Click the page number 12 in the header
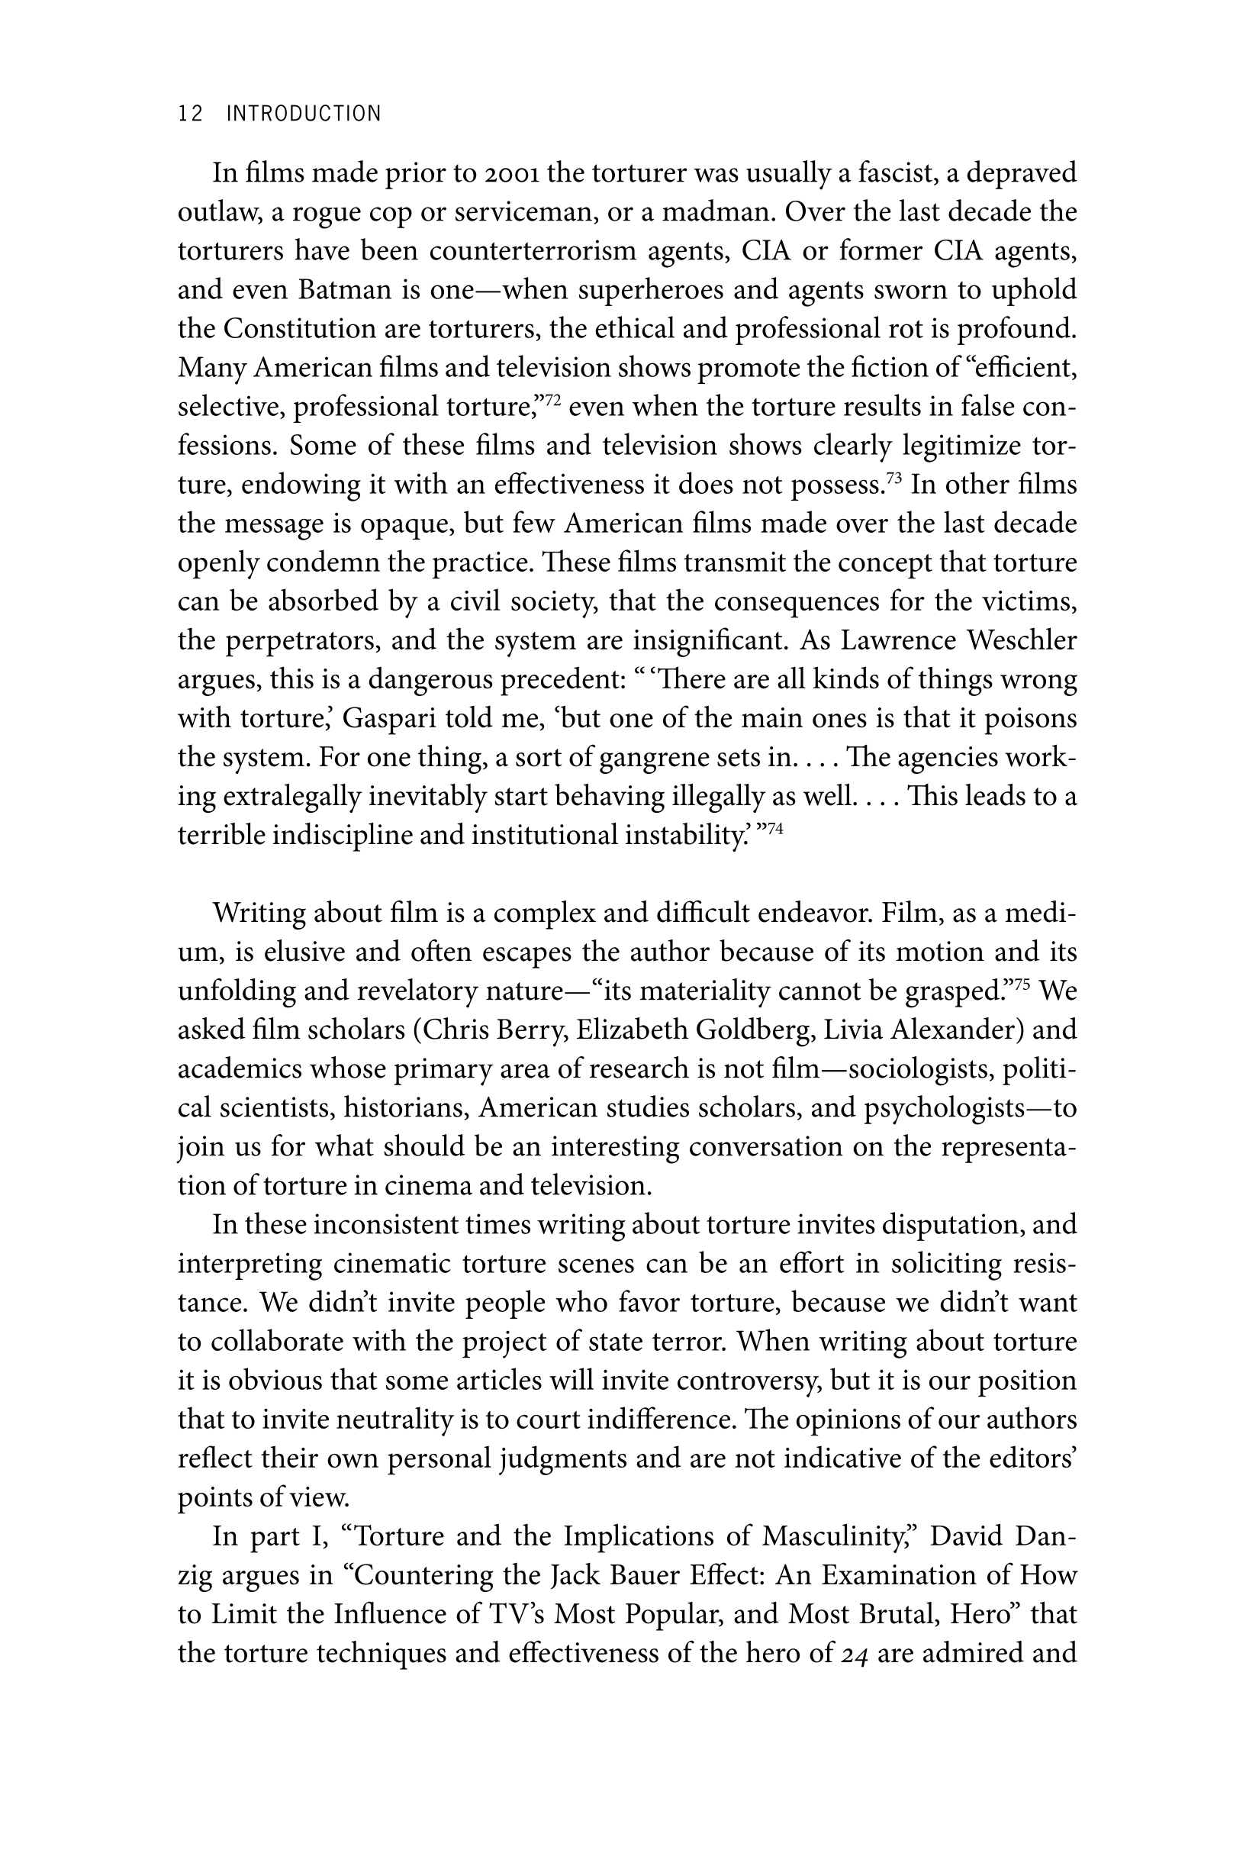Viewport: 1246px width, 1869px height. coord(191,114)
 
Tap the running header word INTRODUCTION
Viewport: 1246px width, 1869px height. coord(304,114)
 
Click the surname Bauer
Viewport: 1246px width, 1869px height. coord(636,1575)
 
